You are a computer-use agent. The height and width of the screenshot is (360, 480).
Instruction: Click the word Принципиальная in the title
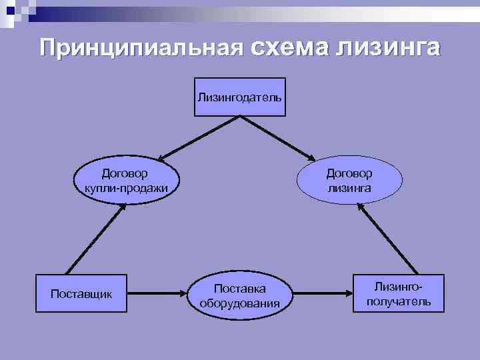(141, 49)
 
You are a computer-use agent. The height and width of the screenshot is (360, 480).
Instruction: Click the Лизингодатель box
(239, 97)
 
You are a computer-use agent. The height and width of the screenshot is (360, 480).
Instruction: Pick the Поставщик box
(81, 293)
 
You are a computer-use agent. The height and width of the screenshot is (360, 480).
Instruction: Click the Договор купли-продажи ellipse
(125, 181)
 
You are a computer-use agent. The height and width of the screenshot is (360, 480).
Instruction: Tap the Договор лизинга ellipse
(349, 181)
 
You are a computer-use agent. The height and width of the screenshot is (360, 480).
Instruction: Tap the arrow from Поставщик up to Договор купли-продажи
(93, 236)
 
